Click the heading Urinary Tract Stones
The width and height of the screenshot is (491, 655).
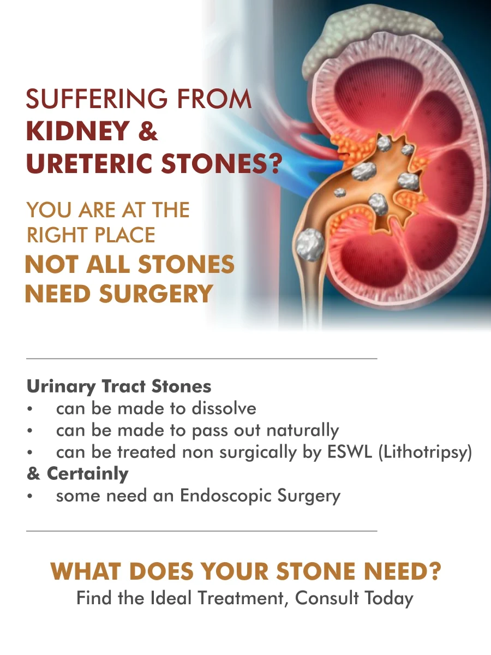119,386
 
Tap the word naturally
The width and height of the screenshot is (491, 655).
302,431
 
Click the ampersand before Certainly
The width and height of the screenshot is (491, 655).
33,474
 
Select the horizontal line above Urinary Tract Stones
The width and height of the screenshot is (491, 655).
202,359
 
